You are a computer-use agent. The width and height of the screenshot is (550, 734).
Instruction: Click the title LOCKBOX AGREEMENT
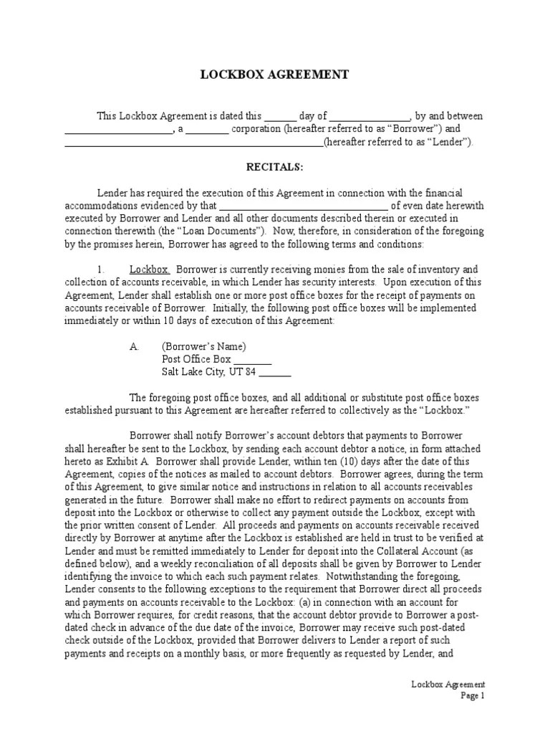275,75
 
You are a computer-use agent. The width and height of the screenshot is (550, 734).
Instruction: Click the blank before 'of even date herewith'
308,206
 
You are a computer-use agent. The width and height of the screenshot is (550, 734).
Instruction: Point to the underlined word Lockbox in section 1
149,270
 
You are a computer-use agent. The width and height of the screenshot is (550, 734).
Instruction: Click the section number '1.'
102,270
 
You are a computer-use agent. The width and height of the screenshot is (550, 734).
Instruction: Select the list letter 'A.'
134,346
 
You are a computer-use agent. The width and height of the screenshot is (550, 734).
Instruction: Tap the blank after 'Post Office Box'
253,360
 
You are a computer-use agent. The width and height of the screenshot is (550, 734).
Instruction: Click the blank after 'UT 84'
274,373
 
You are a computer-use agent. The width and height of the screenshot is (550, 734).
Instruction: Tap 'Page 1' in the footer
473,695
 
